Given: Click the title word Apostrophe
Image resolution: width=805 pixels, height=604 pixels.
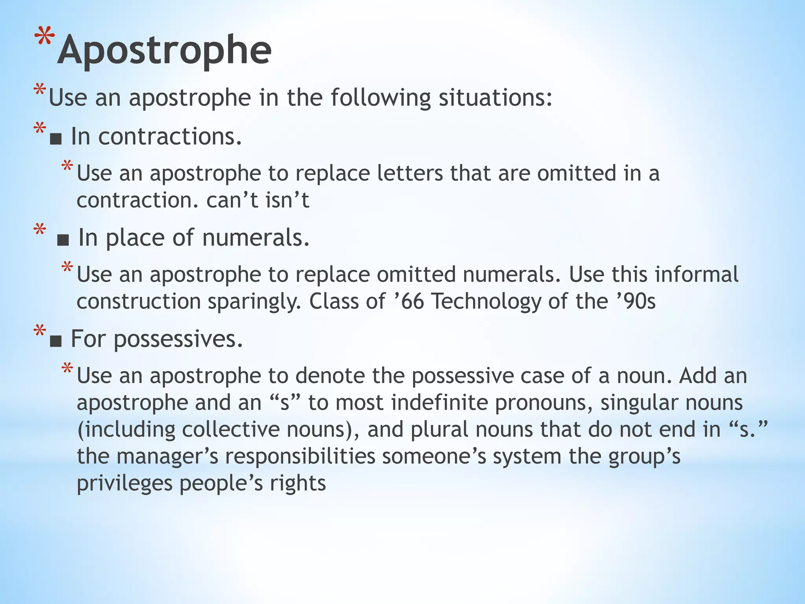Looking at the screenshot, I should pyautogui.click(x=164, y=50).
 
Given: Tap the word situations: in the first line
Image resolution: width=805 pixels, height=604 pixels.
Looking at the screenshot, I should pyautogui.click(x=495, y=98).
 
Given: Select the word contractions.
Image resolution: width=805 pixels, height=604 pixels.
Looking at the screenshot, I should pyautogui.click(x=170, y=137).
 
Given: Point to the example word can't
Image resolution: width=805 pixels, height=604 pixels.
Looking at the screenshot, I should pyautogui.click(x=232, y=200).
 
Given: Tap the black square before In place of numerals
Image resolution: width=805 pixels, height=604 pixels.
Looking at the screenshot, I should pyautogui.click(x=63, y=239).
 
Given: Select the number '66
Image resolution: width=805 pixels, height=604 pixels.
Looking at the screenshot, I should pyautogui.click(x=409, y=301).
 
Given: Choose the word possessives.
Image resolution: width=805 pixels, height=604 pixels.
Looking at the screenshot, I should pyautogui.click(x=178, y=339).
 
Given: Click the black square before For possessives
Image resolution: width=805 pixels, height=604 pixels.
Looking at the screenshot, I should pyautogui.click(x=56, y=341).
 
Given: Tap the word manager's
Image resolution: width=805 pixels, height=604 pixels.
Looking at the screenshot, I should pyautogui.click(x=167, y=457).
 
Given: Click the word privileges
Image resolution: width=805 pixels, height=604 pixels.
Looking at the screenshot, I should pyautogui.click(x=125, y=483).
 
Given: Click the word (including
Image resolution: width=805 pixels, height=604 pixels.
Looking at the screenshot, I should pyautogui.click(x=126, y=430).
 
